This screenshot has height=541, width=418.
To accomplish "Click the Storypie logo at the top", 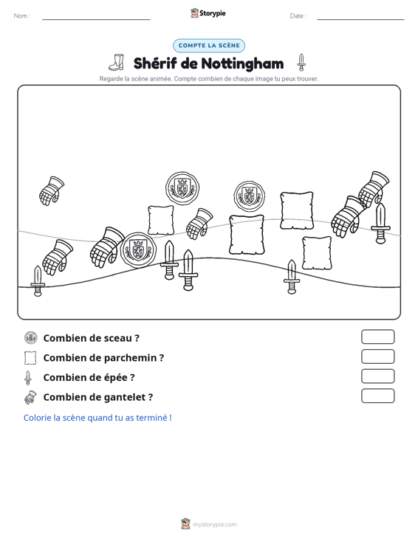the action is pos(208,13).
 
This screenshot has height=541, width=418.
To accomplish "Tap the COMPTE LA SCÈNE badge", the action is pos(209,46).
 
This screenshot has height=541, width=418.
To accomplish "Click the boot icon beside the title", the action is pos(117,63).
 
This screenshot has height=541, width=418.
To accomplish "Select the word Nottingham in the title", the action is pos(242,63).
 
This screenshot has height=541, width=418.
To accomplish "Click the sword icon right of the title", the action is pos(301,63).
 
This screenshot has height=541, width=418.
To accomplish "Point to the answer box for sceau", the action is pos(377,337).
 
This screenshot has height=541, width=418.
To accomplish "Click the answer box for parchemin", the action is pos(377,356).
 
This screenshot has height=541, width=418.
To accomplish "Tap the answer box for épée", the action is pos(377,376).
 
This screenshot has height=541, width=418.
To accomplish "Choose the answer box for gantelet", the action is pos(377,396).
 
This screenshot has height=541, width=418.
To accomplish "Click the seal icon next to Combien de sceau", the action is pos(31,338).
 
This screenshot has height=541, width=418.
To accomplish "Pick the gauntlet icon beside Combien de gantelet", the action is pos(30,397).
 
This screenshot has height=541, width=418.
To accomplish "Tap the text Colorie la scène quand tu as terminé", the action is pos(97,418).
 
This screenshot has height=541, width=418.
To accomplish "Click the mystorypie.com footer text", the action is pos(215,525).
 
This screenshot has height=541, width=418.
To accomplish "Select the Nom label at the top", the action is pos(21,15).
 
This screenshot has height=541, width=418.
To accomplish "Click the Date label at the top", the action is pos(298,16).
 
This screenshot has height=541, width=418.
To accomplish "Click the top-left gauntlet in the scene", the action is pos(52,191).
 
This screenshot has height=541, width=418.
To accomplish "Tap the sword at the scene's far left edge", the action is pos(38,281).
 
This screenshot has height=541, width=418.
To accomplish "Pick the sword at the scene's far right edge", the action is pos(380,223).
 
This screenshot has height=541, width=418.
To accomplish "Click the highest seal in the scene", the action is pos(182,188).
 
